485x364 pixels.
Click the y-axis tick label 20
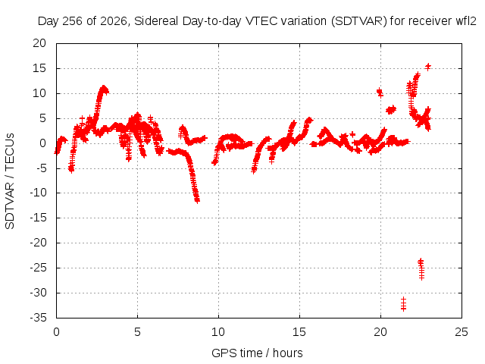click(39, 43)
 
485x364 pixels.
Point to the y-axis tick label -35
click(38, 318)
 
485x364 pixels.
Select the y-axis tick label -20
click(38, 243)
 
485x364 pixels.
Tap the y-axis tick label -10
click(38, 193)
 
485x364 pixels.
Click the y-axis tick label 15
click(39, 68)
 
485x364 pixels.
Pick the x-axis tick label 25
click(462, 332)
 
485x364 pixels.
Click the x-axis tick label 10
click(218, 332)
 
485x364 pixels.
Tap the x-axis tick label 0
click(56, 332)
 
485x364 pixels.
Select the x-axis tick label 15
click(299, 332)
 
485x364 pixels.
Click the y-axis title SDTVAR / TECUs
click(10, 181)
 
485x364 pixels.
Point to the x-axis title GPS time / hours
click(257, 353)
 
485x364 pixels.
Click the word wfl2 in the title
click(466, 21)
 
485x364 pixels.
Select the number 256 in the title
click(74, 21)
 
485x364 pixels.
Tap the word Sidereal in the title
click(156, 21)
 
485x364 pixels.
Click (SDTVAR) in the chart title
click(358, 21)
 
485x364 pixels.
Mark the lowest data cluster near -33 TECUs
click(403, 304)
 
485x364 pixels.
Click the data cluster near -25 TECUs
click(421, 269)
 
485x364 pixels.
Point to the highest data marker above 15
click(428, 67)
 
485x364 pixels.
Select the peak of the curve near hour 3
click(104, 88)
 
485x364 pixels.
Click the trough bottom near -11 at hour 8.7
click(197, 200)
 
